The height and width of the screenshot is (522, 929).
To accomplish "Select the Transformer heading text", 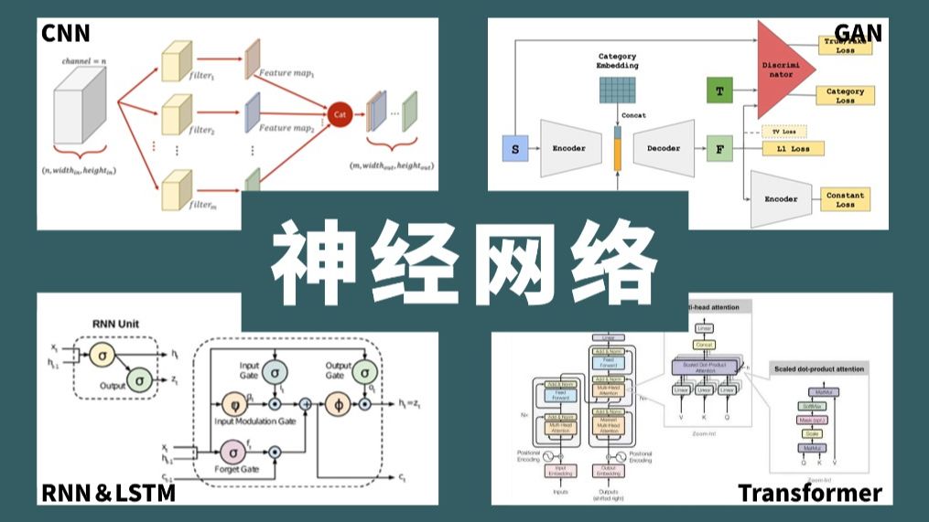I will point(810,493).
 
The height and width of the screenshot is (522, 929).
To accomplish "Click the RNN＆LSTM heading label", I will point(108,493).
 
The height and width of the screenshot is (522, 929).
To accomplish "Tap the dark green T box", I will point(719,91).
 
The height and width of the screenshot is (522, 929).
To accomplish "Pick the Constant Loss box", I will point(845,199).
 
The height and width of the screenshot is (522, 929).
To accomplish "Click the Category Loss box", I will point(844,96).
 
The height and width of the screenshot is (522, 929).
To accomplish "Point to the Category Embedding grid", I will point(618,90).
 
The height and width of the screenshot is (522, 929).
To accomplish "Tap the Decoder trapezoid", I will point(664,147).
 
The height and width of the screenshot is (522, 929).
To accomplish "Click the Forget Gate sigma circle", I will point(232,450).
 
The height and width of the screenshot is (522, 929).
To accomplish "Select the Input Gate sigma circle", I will point(275,371).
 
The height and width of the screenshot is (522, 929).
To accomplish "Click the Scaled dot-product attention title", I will point(817,368).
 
